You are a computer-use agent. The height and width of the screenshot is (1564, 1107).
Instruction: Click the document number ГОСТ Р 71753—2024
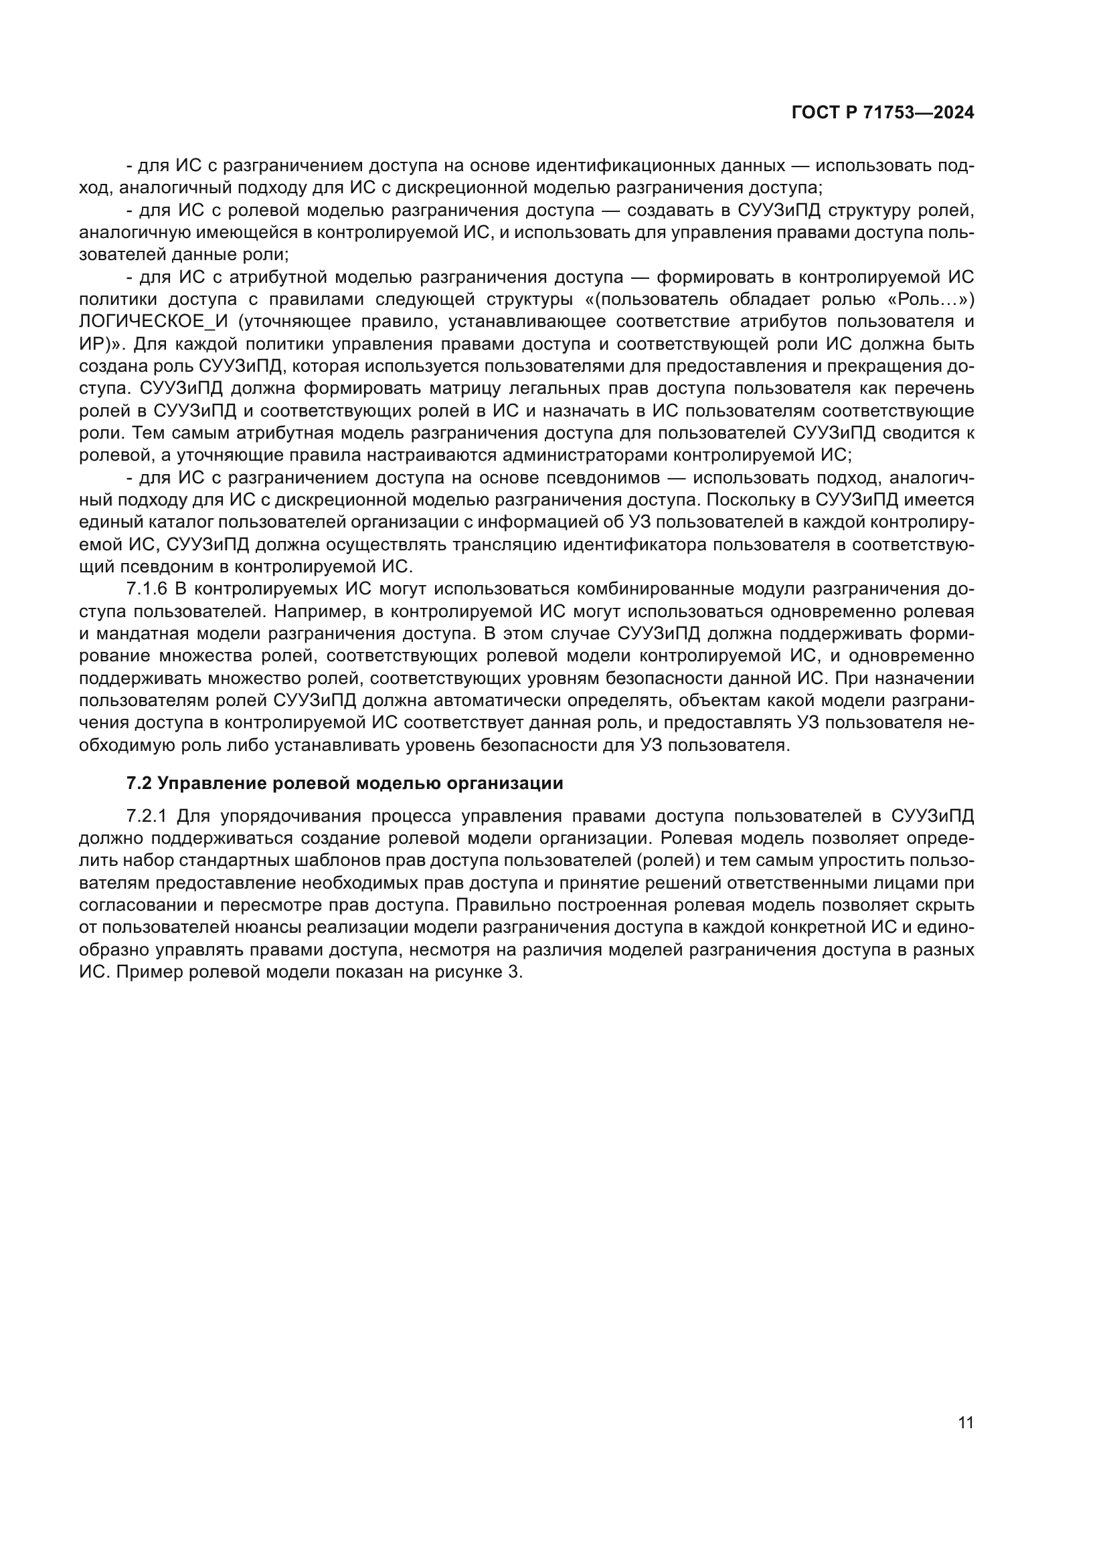point(883,113)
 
